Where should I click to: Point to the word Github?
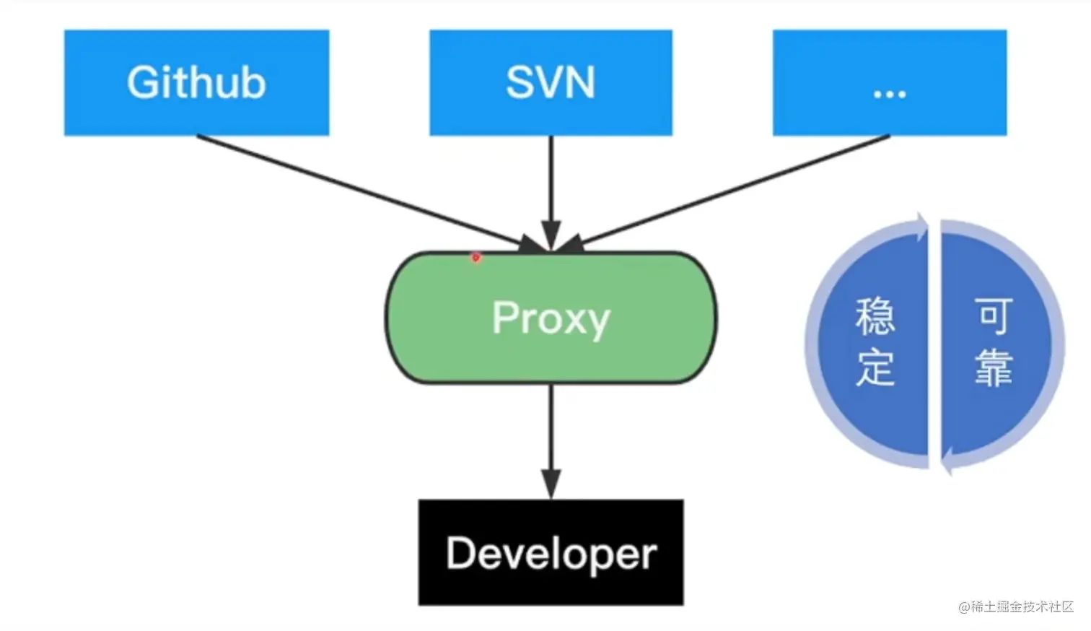pos(196,82)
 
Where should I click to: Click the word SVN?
pos(551,82)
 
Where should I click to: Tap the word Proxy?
pos(551,318)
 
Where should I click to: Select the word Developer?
pos(551,554)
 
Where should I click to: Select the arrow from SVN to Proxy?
pos(551,188)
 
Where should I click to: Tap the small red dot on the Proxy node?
pos(476,257)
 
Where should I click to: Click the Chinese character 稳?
pos(875,316)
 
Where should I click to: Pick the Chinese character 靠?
pos(994,367)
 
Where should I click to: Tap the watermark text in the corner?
pos(1016,606)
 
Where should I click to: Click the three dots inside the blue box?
pos(889,94)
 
